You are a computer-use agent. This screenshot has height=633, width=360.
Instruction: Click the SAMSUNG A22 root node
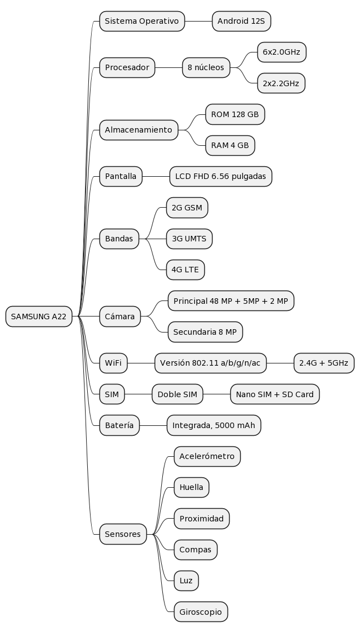coord(39,317)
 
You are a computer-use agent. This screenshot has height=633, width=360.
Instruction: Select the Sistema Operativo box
coord(142,22)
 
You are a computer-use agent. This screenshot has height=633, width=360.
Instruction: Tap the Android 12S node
coord(241,22)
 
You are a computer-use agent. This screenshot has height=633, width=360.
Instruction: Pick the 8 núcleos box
coord(206,68)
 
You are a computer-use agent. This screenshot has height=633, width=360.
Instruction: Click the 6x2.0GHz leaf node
coord(282,52)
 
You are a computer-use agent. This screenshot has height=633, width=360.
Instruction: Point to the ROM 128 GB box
coord(235,114)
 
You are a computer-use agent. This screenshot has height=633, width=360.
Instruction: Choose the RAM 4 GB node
coord(230,146)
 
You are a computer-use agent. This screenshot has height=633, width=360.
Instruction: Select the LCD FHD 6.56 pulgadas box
coord(221,176)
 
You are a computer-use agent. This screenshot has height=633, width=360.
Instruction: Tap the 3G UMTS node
coord(189,239)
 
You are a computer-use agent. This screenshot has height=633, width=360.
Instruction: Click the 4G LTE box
coord(186,270)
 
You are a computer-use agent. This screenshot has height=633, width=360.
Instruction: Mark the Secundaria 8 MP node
coord(205,332)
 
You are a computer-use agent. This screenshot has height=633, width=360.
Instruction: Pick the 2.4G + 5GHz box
coord(324,363)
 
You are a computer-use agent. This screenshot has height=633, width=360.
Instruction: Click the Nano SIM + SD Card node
coord(275,394)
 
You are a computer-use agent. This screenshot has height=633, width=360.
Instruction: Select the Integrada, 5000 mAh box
coord(214,425)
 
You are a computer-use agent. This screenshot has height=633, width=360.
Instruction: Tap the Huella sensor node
coord(191,487)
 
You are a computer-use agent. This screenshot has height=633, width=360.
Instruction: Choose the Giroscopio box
coord(200,611)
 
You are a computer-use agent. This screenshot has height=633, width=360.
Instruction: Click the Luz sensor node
coord(186,581)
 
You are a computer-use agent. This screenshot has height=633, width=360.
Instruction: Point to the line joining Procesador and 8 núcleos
coord(169,68)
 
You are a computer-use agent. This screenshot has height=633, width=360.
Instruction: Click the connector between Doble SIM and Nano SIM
coord(217,394)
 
